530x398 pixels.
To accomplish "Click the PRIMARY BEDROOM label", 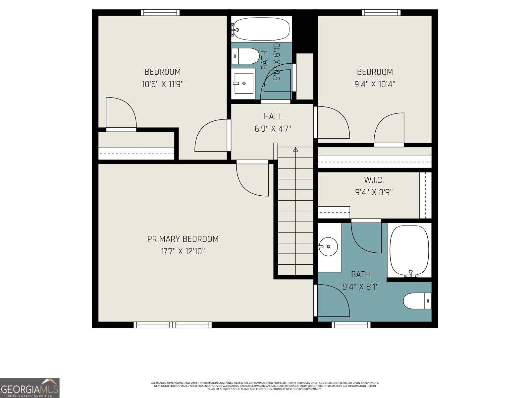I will click(183, 239).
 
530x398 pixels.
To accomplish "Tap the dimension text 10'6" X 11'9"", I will click(163, 84).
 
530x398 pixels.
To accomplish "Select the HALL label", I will click(273, 116).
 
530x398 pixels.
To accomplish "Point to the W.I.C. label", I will click(374, 180).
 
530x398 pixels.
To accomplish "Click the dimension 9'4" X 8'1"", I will click(360, 287).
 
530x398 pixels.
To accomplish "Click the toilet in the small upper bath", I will click(245, 56).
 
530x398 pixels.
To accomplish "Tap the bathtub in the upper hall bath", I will click(261, 29).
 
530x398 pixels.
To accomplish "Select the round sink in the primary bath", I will click(328, 247).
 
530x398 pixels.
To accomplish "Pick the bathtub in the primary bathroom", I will click(409, 250).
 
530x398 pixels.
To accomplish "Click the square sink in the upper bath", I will click(243, 83).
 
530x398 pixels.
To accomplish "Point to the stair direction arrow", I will click(295, 150).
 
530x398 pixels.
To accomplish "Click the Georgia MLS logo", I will click(29, 388).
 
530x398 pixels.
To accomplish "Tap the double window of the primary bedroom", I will click(173, 325).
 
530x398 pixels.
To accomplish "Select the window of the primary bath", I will click(351, 325).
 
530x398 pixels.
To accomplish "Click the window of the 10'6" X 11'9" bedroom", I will click(160, 13).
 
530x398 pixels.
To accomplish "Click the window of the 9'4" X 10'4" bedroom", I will click(381, 13).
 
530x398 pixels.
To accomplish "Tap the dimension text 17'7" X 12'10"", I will click(183, 251).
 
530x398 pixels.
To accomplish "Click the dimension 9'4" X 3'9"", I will click(374, 192).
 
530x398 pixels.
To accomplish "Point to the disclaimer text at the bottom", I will click(265, 386).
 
